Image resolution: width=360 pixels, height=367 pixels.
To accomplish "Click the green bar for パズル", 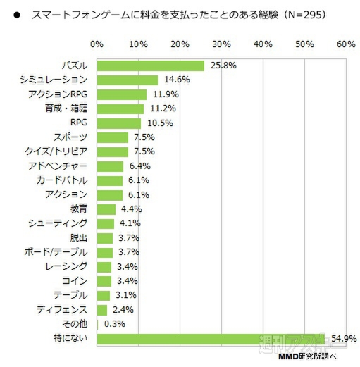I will pyautogui.click(x=150, y=66).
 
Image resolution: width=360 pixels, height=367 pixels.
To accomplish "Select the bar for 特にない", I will pyautogui.click(x=211, y=339).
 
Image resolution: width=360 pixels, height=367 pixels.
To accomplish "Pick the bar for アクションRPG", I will pyautogui.click(x=121, y=94).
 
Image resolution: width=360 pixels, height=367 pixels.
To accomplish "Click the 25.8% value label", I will pyautogui.click(x=222, y=66).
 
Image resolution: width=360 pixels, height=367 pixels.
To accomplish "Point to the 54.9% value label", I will pyautogui.click(x=343, y=339).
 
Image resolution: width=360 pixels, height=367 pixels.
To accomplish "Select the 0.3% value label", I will pyautogui.click(x=114, y=324).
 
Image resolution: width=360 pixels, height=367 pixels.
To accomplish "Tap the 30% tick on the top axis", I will pyautogui.click(x=221, y=44).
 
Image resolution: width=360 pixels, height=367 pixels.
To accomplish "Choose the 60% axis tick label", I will pyautogui.click(x=346, y=44).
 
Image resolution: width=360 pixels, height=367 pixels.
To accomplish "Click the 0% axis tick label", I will pyautogui.click(x=97, y=44).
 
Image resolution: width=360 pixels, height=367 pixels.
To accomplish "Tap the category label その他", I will pyautogui.click(x=75, y=324).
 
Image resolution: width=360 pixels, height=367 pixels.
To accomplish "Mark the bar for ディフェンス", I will pyautogui.click(x=101, y=310).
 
